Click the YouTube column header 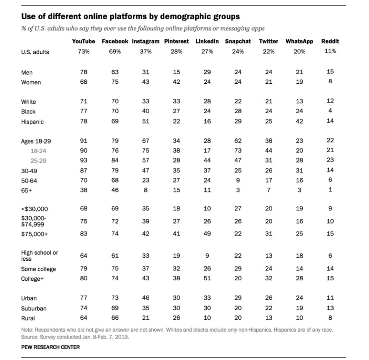click(84, 41)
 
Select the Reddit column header click(330, 41)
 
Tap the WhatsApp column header click(299, 41)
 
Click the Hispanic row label click(32, 122)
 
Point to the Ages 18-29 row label click(36, 141)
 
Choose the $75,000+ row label click(34, 234)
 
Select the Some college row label click(39, 269)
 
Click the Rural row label click(28, 318)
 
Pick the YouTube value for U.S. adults click(84, 51)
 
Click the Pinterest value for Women click(176, 82)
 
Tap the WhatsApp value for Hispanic click(299, 122)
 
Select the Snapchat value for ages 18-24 click(238, 151)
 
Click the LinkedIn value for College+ click(207, 278)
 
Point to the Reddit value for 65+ click(330, 190)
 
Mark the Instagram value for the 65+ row click(146, 190)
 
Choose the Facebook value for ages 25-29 click(115, 161)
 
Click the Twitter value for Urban click(269, 298)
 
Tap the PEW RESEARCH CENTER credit click(50, 347)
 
